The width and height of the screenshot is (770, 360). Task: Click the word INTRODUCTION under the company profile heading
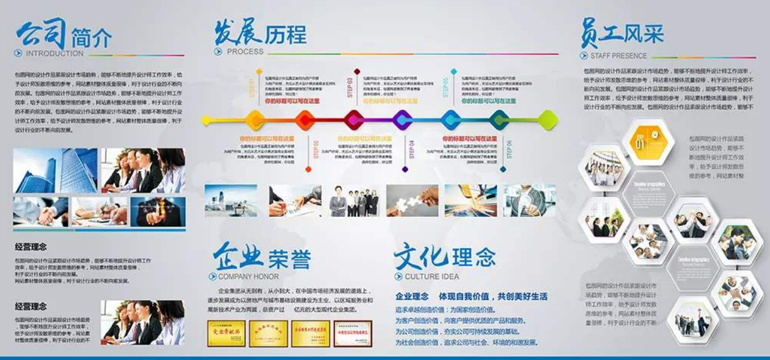(54, 53)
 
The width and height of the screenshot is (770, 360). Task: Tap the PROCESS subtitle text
(245, 51)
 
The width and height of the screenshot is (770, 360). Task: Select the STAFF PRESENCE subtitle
(618, 56)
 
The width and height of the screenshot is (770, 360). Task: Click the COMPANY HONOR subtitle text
(248, 276)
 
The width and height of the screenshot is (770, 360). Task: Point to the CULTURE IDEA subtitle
(431, 276)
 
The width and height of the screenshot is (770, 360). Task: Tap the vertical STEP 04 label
(412, 152)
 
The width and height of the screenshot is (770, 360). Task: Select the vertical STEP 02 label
(316, 150)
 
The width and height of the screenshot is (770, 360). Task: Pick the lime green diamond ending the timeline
(548, 120)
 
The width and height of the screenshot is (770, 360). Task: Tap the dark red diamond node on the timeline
(354, 120)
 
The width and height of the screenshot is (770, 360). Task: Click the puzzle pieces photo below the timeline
(412, 200)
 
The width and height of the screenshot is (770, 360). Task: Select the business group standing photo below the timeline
(354, 200)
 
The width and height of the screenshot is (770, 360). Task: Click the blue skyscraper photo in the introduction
(55, 171)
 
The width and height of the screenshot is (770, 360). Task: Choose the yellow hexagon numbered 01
(648, 142)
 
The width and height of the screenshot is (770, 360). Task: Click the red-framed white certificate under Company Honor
(353, 333)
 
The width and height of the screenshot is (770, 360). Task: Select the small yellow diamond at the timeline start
(206, 120)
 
